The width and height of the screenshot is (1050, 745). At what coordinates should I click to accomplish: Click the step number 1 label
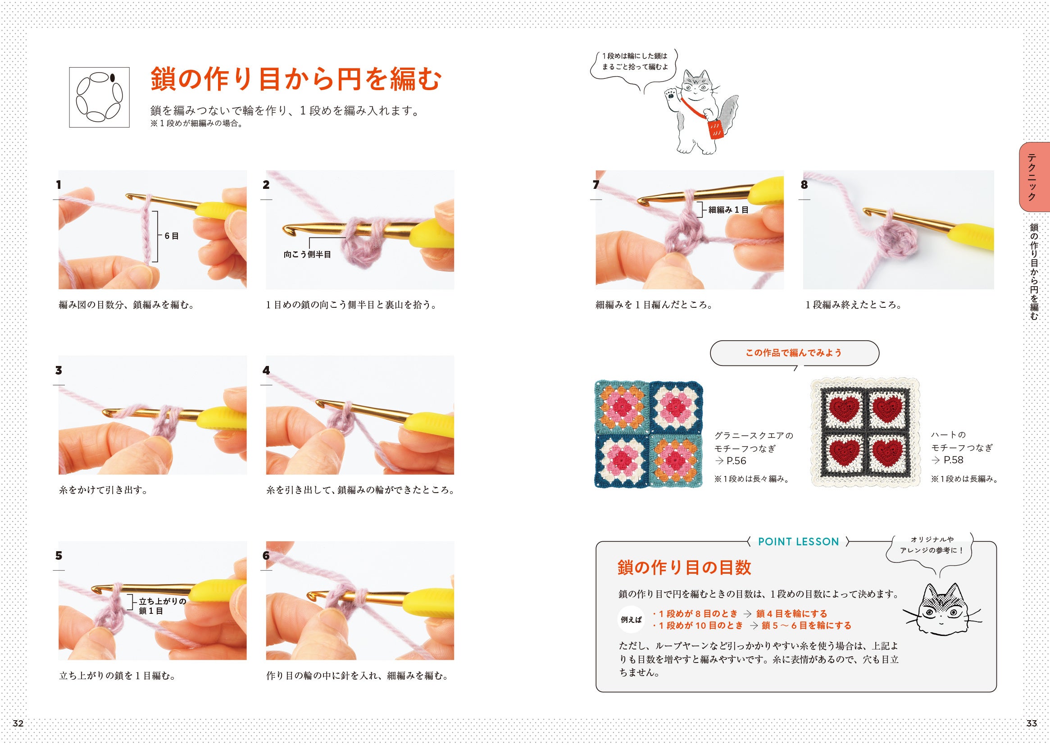click(58, 185)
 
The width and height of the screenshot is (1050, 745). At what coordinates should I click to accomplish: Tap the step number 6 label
click(266, 556)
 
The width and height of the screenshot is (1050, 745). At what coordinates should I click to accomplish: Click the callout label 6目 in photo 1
click(172, 236)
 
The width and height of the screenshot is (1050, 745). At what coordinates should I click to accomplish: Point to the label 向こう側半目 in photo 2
click(307, 254)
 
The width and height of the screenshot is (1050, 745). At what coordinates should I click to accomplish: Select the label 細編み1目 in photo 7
click(728, 210)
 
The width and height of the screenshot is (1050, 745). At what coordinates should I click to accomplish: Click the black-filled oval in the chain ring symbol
click(112, 78)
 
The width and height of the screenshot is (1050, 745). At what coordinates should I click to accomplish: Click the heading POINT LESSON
click(798, 542)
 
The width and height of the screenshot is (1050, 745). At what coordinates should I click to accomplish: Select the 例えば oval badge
click(632, 620)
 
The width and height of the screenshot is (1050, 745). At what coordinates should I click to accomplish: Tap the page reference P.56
click(736, 461)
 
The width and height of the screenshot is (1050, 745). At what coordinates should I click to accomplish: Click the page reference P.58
click(953, 460)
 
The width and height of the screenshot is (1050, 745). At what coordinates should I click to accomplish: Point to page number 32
click(18, 723)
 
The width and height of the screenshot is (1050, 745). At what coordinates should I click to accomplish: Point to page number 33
click(1032, 723)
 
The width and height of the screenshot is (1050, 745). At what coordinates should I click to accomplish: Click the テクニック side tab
click(1034, 183)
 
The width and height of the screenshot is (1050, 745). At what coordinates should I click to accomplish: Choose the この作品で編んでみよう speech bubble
click(794, 353)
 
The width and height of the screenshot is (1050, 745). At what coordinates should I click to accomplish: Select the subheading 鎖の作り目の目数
click(684, 567)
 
